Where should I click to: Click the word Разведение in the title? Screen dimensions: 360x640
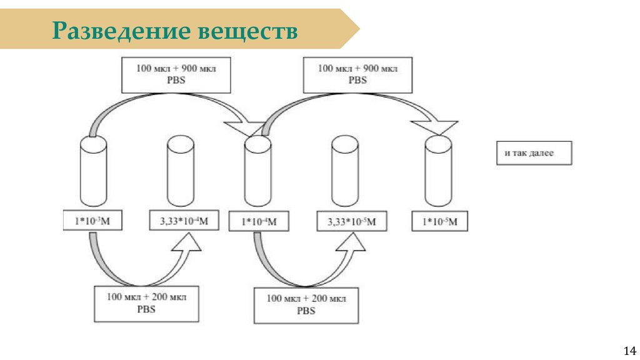121,30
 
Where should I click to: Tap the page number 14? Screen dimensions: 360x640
629,349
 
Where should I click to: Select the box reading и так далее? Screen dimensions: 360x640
534,152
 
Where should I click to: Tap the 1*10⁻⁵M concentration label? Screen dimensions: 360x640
440,221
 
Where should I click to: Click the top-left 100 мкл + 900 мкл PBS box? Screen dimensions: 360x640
176,74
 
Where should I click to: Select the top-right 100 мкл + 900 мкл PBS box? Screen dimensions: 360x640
357,74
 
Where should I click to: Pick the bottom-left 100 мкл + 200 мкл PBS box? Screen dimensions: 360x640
146,303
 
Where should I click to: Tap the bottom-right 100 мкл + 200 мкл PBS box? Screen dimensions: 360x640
306,304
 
